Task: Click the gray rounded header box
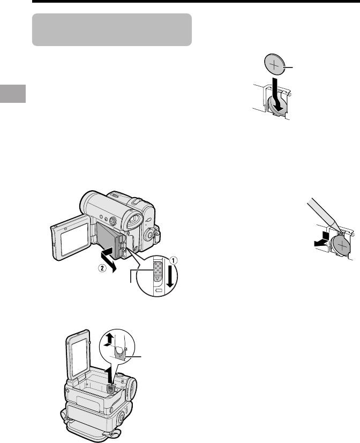[112, 29]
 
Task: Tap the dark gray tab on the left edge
[13, 94]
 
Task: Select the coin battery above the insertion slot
[274, 64]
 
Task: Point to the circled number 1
[173, 260]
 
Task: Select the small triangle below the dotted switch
[157, 279]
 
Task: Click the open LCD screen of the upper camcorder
[72, 238]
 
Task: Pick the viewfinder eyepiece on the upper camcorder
[133, 222]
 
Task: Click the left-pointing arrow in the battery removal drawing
[322, 239]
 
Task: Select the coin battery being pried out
[342, 245]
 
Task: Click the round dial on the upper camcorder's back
[149, 234]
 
